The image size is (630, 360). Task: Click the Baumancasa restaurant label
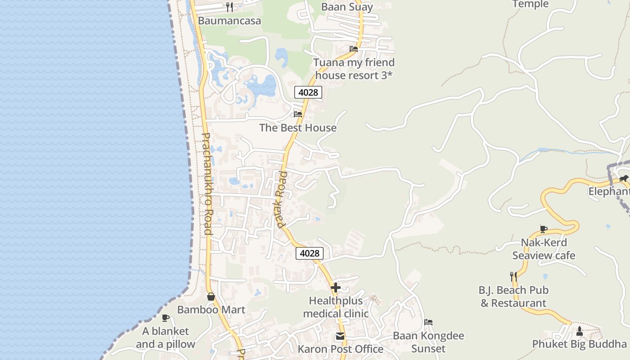[229, 21]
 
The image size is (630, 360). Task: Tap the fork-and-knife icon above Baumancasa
[229, 7]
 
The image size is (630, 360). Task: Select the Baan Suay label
[347, 7]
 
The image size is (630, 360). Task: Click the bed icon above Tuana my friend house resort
[354, 49]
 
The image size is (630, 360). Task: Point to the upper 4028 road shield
[308, 92]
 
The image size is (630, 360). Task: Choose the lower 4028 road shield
[310, 253]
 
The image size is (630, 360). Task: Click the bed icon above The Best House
[298, 114]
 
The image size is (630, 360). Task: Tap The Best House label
[298, 128]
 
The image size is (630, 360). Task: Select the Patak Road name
[282, 199]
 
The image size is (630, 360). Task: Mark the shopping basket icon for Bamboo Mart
[211, 297]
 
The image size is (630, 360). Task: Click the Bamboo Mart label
[211, 310]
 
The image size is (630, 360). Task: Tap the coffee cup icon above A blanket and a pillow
[166, 318]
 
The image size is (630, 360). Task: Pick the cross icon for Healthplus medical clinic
[336, 287]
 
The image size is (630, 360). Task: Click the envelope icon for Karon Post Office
[340, 336]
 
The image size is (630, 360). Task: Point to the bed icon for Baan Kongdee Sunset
[428, 322]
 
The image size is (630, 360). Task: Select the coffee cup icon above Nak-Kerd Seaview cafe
[544, 229]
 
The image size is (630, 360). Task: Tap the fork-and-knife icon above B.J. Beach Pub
[513, 276]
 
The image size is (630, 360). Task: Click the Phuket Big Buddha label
[580, 344]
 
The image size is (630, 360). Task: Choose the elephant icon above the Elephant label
[623, 179]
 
